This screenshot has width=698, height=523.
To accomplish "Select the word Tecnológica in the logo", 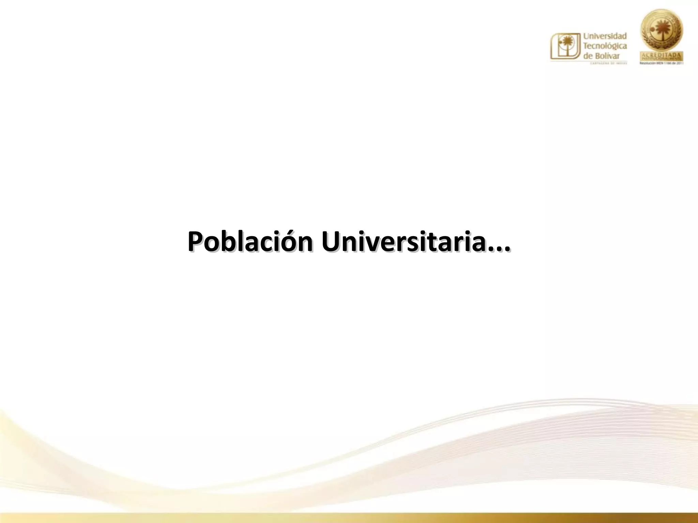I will coord(605,46).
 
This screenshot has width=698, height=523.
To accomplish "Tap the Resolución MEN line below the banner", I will coord(662,63).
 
